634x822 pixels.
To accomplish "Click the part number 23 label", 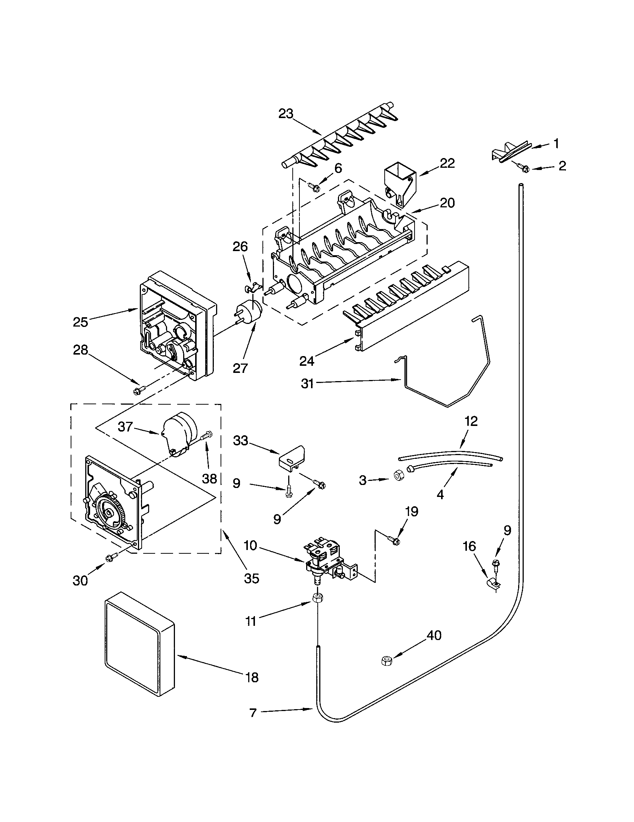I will coord(286,114).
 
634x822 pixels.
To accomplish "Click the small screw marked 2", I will coord(523,167).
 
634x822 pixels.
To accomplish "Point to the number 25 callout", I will coord(80,322).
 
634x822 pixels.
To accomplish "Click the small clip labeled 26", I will coord(250,288).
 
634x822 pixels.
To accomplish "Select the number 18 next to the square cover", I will coord(252,677).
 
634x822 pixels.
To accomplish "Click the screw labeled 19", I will coord(394,541).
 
